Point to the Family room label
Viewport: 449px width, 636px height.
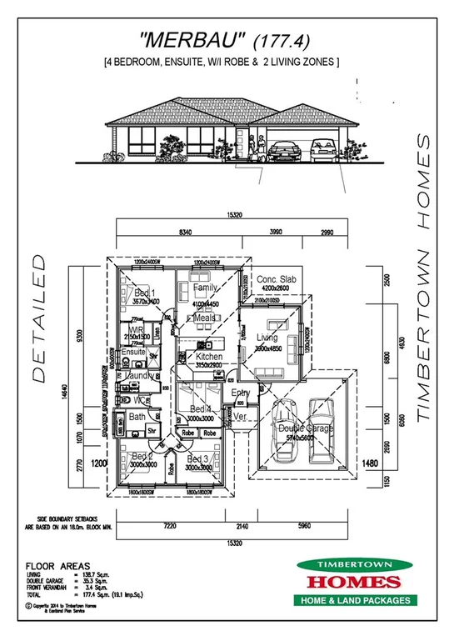205,288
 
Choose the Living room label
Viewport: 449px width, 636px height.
267,337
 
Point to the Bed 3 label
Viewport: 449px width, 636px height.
198,459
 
